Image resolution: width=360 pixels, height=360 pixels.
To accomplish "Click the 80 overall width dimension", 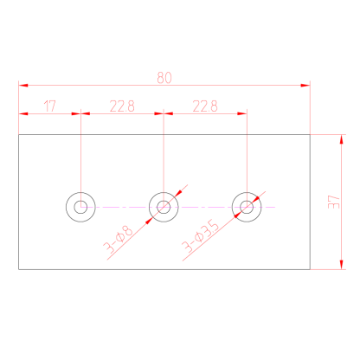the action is (x=164, y=78).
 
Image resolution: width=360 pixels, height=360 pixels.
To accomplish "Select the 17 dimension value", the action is (x=49, y=106).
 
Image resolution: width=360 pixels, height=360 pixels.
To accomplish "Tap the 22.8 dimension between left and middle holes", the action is (x=122, y=106).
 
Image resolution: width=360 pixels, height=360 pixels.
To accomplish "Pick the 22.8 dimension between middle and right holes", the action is (x=205, y=106).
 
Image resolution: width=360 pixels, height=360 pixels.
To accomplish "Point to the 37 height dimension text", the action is (x=334, y=202).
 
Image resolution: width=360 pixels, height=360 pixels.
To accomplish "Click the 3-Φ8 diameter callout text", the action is (x=119, y=239).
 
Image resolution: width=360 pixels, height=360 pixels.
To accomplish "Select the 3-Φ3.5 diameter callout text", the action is (x=200, y=236).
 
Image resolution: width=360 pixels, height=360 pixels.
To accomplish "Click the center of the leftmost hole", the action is (x=80, y=207).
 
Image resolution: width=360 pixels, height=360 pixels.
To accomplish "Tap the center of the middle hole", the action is (x=164, y=207).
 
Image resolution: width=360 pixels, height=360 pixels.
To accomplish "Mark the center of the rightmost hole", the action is (x=247, y=207).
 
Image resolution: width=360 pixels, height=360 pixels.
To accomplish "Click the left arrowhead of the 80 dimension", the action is (x=23, y=86).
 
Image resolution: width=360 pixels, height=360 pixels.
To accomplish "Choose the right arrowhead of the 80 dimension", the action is (x=305, y=86).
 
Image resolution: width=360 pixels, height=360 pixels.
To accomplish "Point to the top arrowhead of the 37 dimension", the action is (x=342, y=139).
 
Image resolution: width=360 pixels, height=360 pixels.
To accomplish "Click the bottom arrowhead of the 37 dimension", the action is (x=342, y=265).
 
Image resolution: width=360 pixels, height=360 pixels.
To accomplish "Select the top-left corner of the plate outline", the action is (x=19, y=135).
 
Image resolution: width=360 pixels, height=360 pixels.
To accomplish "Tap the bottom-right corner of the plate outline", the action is (x=310, y=269).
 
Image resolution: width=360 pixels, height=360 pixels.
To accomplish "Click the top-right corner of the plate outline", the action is (x=310, y=135).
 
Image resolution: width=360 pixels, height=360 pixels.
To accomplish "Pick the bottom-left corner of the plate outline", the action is (x=19, y=269).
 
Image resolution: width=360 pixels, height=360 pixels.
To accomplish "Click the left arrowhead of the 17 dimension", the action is (x=23, y=113).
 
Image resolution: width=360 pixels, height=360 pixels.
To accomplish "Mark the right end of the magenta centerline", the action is (x=275, y=207).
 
